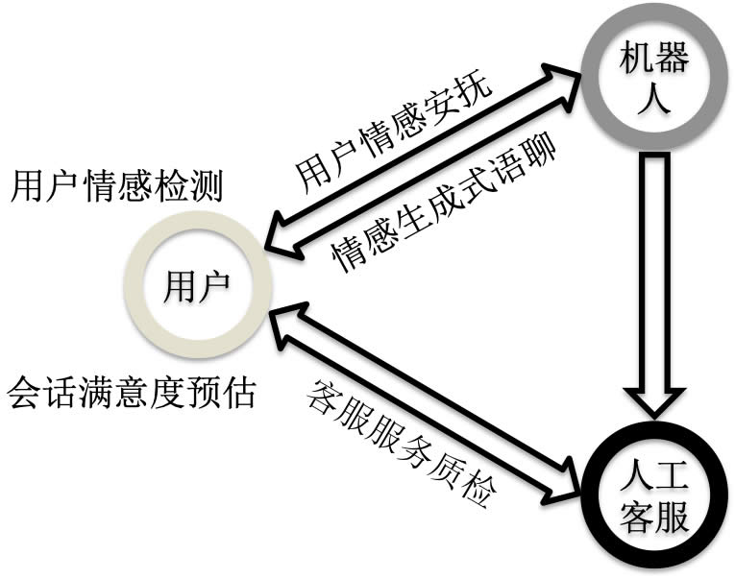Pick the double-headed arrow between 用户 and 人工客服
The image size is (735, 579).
pos(423,402)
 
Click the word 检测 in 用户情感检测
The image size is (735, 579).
pos(192,186)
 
